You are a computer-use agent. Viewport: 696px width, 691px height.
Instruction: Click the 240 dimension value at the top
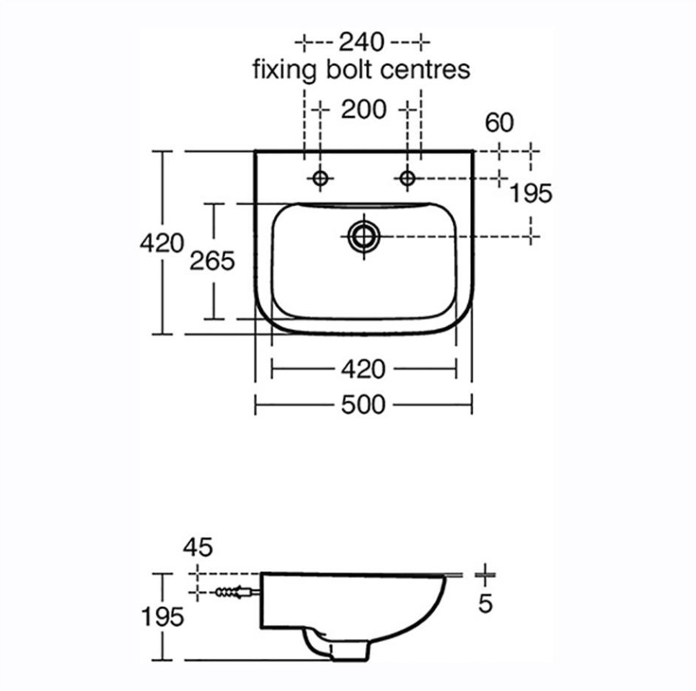point(362,40)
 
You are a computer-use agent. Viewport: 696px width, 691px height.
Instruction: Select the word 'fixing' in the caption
point(284,70)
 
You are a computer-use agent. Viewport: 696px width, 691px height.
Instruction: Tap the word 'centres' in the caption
point(426,70)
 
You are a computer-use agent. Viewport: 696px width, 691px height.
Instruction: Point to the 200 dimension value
point(363,110)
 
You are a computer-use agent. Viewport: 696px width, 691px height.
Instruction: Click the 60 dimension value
point(499,123)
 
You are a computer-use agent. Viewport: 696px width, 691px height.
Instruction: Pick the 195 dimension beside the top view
point(530,193)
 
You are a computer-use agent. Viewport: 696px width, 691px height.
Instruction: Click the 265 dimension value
point(212,261)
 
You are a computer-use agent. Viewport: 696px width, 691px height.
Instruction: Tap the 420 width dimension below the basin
point(364,368)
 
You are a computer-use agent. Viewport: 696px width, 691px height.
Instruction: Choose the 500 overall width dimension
point(364,404)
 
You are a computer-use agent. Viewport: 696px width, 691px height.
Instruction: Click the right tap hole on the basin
point(407,178)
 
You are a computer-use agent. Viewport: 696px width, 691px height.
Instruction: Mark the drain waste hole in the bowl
point(364,235)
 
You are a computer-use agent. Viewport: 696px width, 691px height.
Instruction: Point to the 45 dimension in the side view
point(198,547)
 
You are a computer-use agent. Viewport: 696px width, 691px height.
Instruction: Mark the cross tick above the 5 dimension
point(485,574)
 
